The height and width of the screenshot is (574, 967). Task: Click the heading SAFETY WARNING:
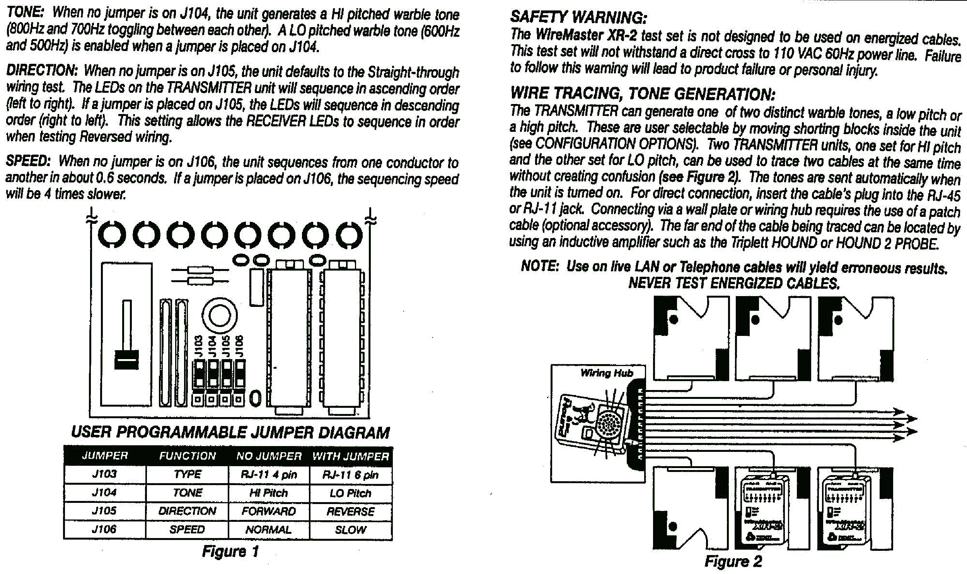(x=578, y=17)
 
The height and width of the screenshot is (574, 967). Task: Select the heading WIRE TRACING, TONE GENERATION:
(x=642, y=94)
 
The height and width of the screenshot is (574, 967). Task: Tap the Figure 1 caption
(x=230, y=551)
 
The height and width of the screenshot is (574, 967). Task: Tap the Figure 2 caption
(x=733, y=561)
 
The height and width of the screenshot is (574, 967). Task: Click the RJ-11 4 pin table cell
(x=268, y=475)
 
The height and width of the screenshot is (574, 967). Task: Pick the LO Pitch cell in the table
(x=350, y=493)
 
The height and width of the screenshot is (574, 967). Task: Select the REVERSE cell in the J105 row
(x=350, y=511)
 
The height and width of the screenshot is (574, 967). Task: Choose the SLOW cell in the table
(x=350, y=530)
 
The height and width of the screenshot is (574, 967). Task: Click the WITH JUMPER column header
(x=350, y=456)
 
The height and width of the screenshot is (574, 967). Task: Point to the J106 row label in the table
(x=104, y=529)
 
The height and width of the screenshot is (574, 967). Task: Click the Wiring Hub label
(x=607, y=373)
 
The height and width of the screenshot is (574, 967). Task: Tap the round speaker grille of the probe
(x=610, y=424)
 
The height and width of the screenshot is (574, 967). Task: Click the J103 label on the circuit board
(x=198, y=346)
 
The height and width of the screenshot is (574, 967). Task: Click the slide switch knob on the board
(x=126, y=360)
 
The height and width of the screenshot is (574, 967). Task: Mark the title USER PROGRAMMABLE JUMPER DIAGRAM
(x=230, y=433)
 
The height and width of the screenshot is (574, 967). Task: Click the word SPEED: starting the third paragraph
(x=28, y=161)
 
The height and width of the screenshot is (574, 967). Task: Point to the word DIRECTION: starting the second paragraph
(x=42, y=70)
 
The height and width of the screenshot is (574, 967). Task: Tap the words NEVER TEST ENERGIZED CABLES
(x=734, y=283)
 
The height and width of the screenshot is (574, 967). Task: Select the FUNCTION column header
(x=187, y=456)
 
